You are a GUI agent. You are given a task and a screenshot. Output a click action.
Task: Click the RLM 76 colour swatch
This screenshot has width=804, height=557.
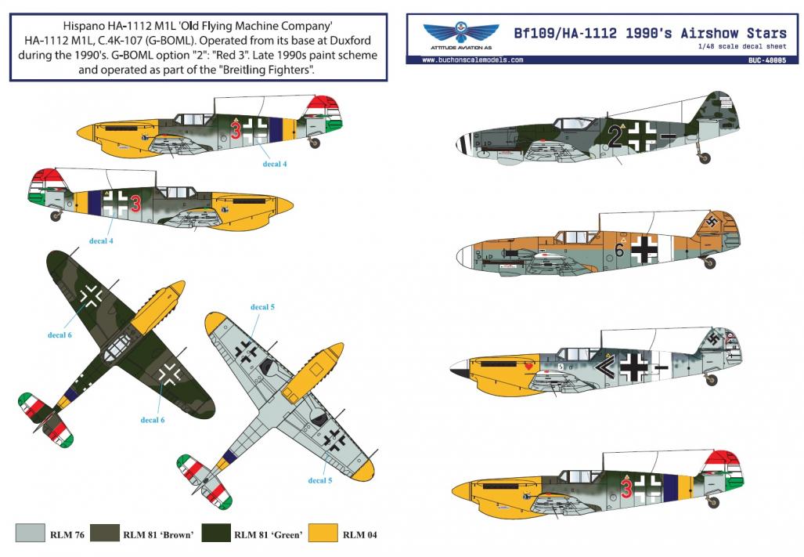(31, 533)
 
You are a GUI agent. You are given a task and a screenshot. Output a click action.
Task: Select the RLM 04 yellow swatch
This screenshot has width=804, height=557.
(323, 533)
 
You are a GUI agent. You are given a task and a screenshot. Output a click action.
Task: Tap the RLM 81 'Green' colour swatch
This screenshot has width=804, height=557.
(216, 533)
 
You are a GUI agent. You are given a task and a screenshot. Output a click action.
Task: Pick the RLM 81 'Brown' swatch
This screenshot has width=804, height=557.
(105, 533)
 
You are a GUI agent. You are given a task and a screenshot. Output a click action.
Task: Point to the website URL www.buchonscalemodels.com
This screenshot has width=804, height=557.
(472, 60)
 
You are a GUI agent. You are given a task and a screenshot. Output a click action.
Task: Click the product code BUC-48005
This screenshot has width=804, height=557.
(766, 60)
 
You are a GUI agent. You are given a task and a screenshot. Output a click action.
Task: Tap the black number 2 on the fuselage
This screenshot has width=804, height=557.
(615, 137)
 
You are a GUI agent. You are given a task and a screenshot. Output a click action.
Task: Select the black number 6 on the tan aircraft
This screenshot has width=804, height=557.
(619, 250)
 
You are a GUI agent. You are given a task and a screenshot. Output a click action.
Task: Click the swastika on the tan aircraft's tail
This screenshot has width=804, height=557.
(712, 222)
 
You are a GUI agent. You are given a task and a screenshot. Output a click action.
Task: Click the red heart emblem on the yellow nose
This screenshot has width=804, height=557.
(528, 366)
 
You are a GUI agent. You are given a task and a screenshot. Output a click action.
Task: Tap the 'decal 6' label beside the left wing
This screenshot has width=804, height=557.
(59, 335)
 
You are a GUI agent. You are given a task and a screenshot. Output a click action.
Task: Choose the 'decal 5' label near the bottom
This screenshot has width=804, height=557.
(320, 480)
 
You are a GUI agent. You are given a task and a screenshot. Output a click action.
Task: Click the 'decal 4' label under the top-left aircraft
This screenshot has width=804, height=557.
(275, 165)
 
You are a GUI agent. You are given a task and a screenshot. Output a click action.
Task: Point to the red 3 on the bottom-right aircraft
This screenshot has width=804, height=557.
(626, 487)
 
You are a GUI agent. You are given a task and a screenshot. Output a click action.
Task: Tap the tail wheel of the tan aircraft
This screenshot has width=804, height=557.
(709, 263)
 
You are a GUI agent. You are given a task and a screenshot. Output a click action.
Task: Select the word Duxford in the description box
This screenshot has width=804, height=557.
(349, 40)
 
